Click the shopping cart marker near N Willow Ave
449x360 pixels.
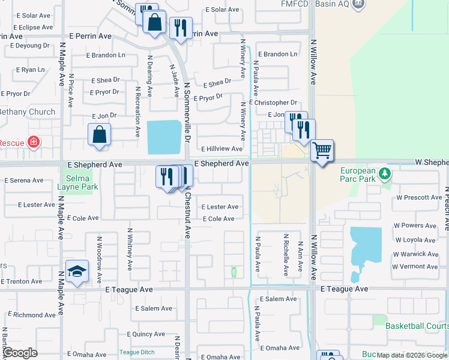[322, 150]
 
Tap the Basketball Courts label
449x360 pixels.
[417, 326]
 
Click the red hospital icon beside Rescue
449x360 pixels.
[34, 142]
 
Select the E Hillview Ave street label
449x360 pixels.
[221, 149]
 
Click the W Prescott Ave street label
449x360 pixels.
[418, 197]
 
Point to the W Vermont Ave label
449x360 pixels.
[415, 266]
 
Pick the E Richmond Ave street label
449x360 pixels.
[34, 315]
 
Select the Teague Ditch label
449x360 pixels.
[137, 352]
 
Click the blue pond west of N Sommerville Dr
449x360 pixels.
[164, 137]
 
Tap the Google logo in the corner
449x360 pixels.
[19, 353]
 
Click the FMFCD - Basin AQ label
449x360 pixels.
[315, 4]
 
